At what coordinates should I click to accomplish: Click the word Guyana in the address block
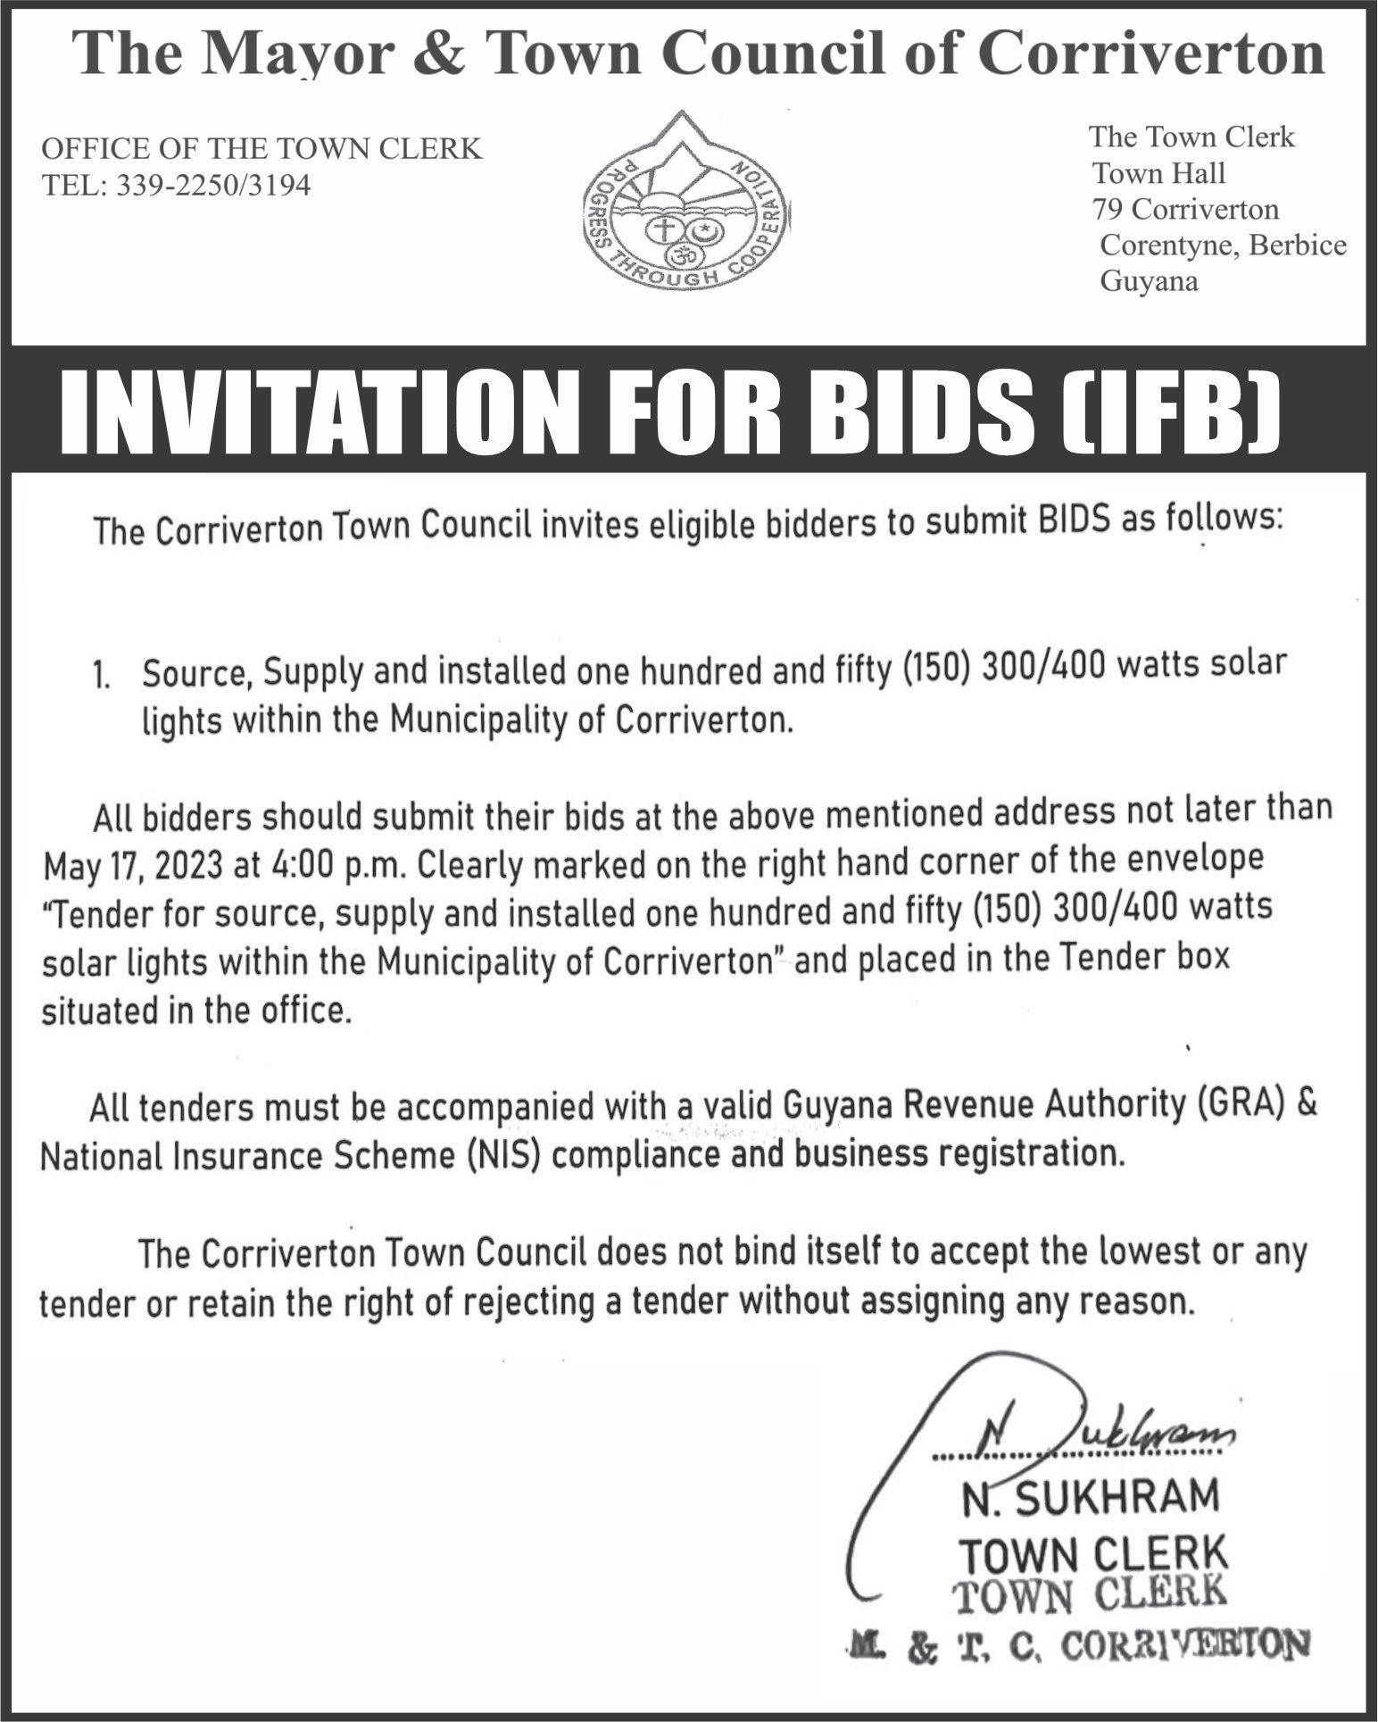pos(1149,282)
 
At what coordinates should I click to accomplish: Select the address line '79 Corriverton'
pos(1185,210)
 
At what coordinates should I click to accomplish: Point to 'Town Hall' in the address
pos(1159,173)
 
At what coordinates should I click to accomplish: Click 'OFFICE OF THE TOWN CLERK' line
pos(261,148)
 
